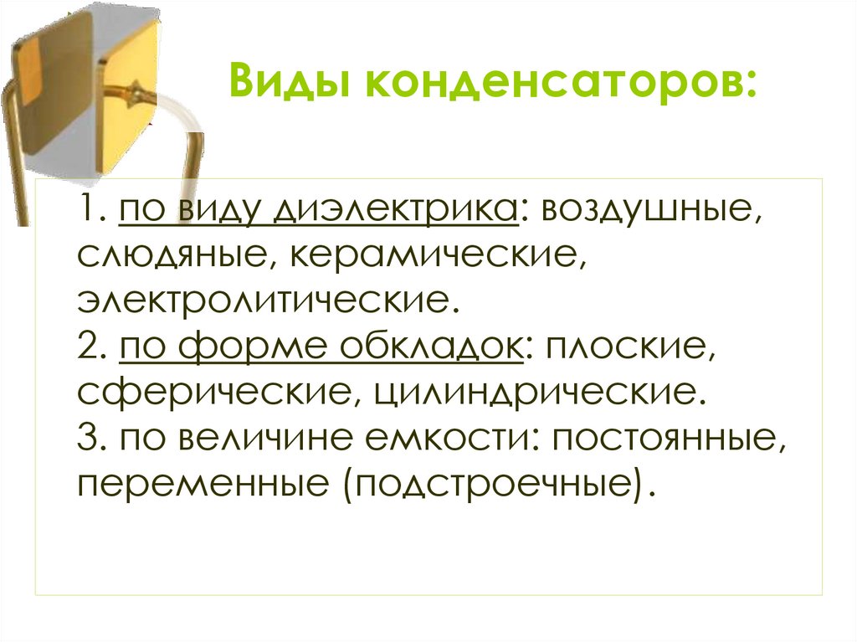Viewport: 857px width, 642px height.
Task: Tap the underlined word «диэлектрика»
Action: [393, 208]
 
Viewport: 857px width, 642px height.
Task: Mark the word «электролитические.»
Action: [269, 299]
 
